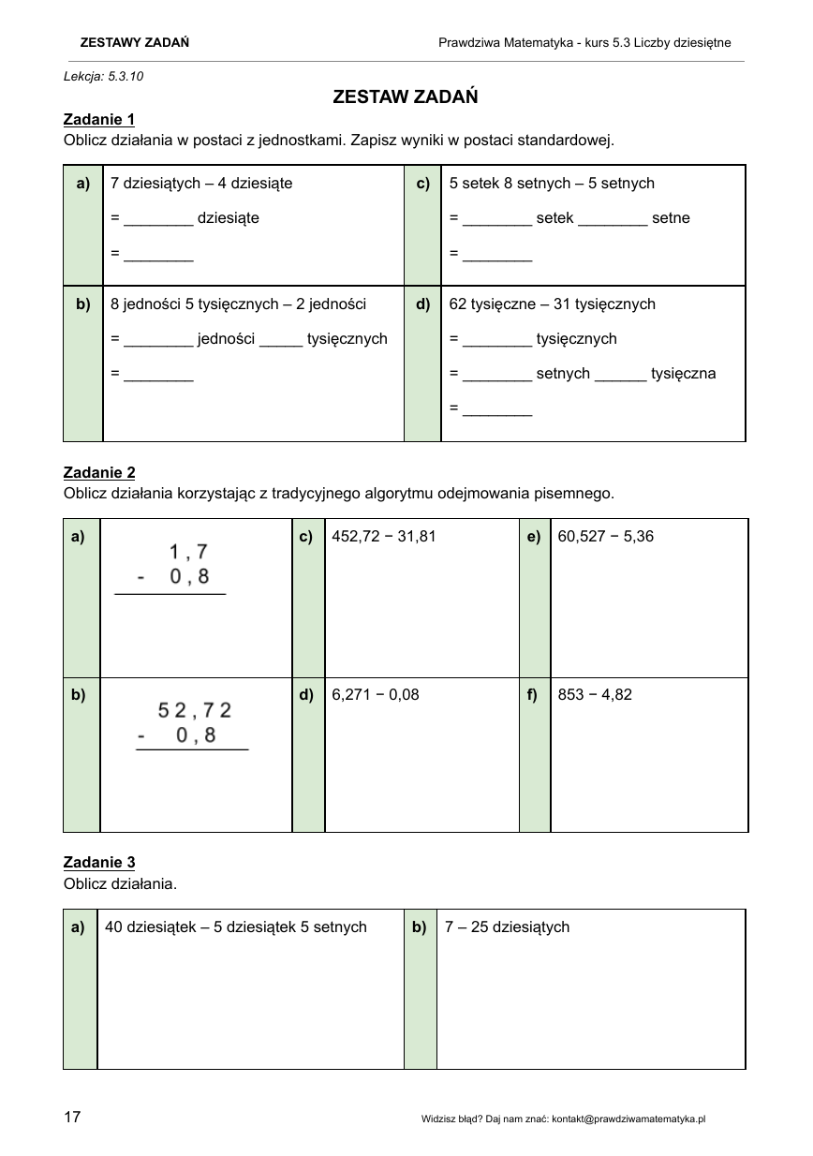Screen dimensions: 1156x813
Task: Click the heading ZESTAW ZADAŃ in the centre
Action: (406, 96)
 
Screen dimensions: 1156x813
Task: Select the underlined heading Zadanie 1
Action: (99, 119)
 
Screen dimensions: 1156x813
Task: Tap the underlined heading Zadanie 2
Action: (99, 472)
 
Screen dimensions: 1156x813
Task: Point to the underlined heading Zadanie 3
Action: (99, 862)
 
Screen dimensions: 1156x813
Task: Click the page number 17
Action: (72, 1117)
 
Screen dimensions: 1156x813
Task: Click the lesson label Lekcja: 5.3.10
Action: (104, 76)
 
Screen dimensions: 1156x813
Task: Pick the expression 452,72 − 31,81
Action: (384, 537)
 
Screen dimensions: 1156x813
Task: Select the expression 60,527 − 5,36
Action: (605, 537)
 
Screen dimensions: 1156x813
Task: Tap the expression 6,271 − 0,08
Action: (376, 694)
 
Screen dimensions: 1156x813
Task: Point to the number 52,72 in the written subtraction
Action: (195, 710)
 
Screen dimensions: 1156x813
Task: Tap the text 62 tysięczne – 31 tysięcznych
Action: (553, 304)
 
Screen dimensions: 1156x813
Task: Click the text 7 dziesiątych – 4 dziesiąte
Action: (201, 184)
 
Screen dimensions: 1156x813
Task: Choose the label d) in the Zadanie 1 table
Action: (422, 304)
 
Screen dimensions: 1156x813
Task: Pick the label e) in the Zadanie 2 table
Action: (534, 537)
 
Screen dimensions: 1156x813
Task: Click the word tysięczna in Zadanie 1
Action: (684, 374)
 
